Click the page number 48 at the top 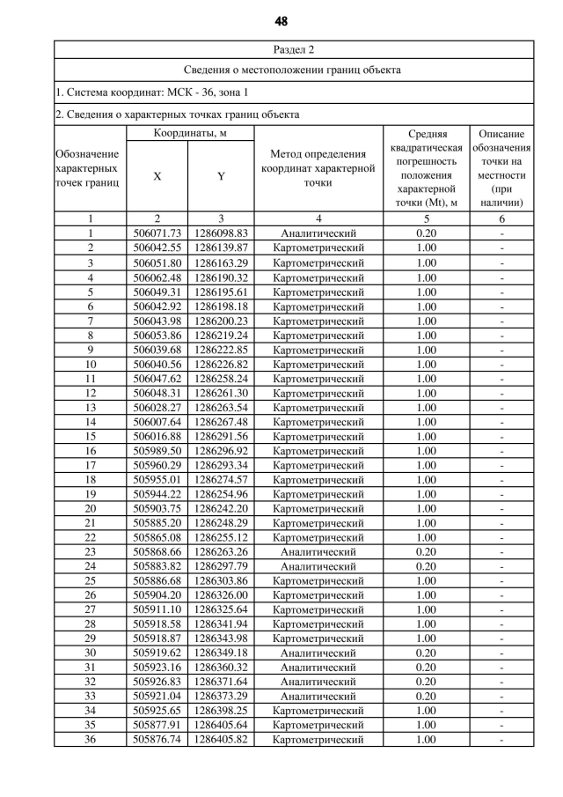(281, 20)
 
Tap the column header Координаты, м (190, 133)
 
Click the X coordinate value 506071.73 (157, 233)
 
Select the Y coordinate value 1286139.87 (222, 248)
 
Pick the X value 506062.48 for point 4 (157, 277)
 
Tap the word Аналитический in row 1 (318, 233)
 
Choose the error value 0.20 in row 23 (427, 551)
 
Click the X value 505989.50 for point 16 (157, 450)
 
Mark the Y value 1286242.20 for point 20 (222, 508)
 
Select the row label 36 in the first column (90, 740)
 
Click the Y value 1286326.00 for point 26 (222, 595)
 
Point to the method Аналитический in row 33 (318, 697)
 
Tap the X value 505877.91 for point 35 (157, 726)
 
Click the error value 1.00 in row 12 (427, 393)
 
